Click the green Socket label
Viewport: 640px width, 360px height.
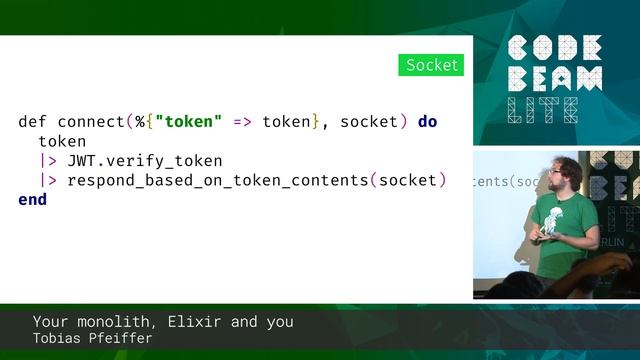(x=431, y=66)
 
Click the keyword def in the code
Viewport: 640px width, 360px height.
(x=32, y=122)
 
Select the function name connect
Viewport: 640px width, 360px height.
(x=91, y=122)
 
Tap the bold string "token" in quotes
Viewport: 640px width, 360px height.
(x=188, y=122)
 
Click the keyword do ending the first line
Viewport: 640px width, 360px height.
(x=427, y=122)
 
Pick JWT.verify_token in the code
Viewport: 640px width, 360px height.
(x=145, y=161)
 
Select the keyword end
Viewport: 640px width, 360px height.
(x=32, y=199)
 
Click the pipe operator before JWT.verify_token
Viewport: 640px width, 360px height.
(x=47, y=161)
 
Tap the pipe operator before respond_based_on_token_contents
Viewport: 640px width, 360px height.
(x=47, y=180)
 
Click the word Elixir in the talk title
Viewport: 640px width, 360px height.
(x=190, y=322)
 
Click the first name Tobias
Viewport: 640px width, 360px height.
(x=58, y=339)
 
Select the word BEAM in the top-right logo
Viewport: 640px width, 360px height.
(x=555, y=79)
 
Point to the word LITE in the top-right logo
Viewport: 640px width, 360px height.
(x=541, y=110)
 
